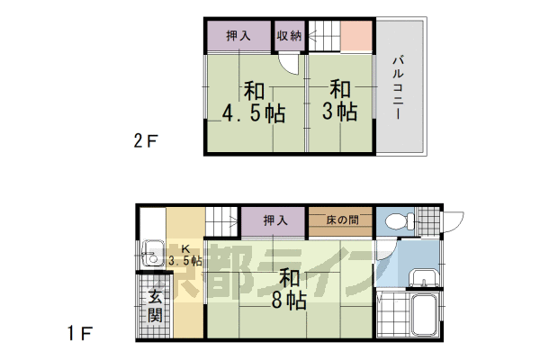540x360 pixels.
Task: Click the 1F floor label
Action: [80, 334]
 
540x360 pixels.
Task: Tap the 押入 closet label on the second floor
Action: [238, 36]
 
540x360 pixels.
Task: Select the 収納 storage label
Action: [288, 36]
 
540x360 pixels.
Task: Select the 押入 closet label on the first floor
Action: [274, 220]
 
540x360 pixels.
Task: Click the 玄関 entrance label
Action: [155, 305]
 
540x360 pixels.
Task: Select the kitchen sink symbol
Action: [153, 256]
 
